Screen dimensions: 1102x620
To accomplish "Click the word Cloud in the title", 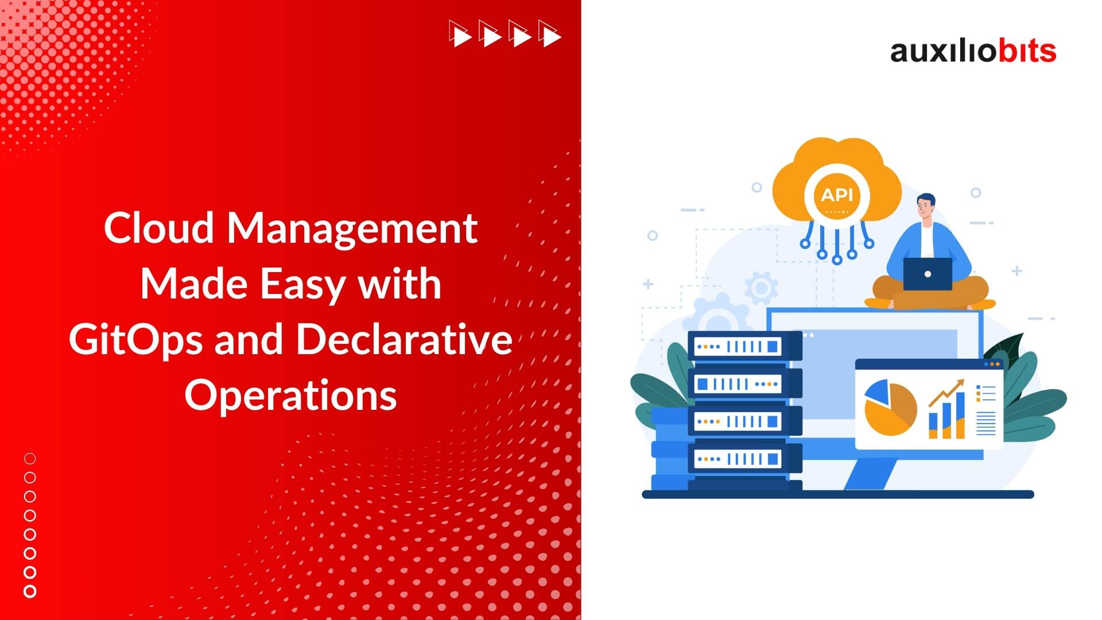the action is coord(159,227).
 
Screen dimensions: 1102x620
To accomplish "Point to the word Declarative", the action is coord(404,339).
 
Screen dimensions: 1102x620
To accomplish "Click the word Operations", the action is coord(290,396).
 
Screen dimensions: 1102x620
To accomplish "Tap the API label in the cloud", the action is coord(837,195).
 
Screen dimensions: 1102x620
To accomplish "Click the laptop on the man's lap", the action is coord(928,274).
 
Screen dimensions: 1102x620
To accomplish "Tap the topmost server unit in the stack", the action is coord(744,346).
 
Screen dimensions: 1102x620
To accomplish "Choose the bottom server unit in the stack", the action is coord(744,459).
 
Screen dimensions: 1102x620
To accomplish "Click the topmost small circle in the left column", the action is coord(30,459).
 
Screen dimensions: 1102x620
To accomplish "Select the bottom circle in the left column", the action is coord(30,591).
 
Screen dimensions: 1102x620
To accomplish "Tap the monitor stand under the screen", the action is coord(870,474).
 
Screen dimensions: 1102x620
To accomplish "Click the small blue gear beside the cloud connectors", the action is coord(761,288).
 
